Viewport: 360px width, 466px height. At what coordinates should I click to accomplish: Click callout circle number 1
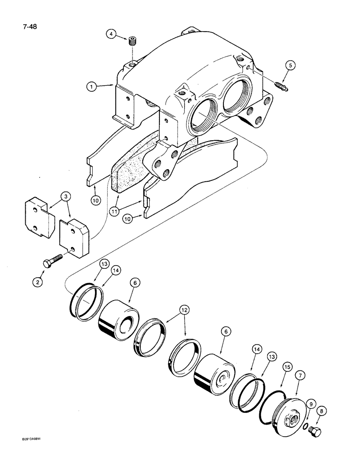click(92, 87)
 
